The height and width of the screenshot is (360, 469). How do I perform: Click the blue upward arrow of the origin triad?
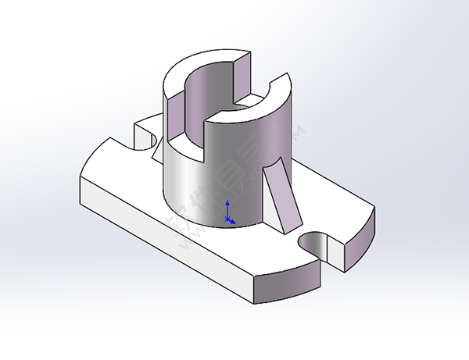[227, 206]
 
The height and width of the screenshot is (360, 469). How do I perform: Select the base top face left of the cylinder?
[125, 172]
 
